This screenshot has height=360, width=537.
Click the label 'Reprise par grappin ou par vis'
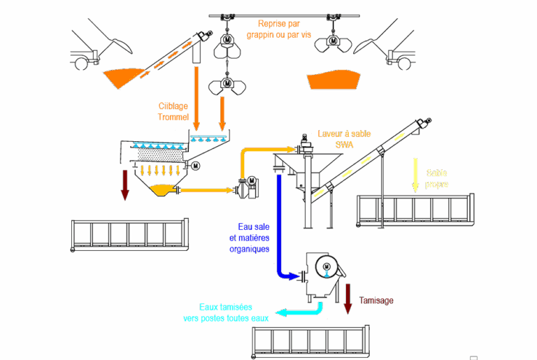point(279,28)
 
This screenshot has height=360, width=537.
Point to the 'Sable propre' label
point(437,179)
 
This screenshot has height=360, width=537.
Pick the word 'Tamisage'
point(376,300)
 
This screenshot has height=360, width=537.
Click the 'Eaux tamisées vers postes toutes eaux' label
point(225,312)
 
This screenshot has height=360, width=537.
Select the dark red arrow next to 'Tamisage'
point(348,297)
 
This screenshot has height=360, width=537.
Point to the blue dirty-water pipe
point(279,224)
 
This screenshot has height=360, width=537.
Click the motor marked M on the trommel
point(195,166)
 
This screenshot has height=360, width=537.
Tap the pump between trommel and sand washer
point(245,187)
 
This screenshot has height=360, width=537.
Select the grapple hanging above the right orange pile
point(332,43)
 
